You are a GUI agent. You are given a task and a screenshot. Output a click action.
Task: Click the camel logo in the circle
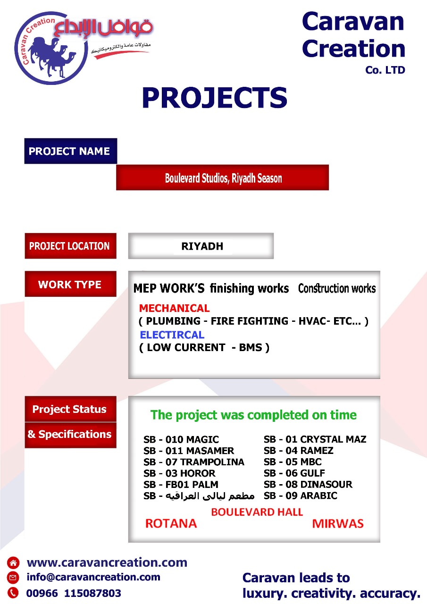(x=51, y=49)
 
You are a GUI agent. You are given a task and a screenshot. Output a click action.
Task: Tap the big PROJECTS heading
(x=215, y=98)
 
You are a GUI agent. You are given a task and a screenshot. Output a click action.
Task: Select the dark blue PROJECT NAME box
(x=71, y=151)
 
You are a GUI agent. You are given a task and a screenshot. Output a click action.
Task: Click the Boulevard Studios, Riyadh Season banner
(x=222, y=177)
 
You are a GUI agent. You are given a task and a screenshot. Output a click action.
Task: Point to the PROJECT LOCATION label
(x=71, y=246)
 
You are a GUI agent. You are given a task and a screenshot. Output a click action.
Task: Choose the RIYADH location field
(x=201, y=246)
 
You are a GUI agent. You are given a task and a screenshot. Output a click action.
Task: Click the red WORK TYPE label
(x=71, y=284)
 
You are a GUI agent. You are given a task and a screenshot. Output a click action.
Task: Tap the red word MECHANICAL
(x=175, y=308)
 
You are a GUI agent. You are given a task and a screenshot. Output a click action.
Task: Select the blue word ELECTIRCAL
(x=172, y=335)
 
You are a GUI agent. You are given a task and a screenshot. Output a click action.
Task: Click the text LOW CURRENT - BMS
(x=204, y=347)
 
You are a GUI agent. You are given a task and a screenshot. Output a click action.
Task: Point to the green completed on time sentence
(x=253, y=415)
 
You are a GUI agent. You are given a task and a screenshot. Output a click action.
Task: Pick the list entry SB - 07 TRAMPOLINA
(x=194, y=462)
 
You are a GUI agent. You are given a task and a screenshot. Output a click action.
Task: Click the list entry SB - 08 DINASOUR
(x=308, y=484)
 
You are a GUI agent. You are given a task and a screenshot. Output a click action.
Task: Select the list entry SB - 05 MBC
(x=293, y=462)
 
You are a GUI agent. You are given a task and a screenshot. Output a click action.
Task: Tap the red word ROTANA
(x=171, y=524)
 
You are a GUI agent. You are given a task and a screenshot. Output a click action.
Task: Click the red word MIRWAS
(x=338, y=524)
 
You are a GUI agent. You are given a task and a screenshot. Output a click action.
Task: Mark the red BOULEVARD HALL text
(x=257, y=512)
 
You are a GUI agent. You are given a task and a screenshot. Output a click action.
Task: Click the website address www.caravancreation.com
(x=107, y=562)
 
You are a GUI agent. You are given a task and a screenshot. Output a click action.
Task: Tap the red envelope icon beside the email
(x=13, y=577)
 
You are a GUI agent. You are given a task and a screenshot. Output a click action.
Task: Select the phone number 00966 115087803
(x=74, y=593)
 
